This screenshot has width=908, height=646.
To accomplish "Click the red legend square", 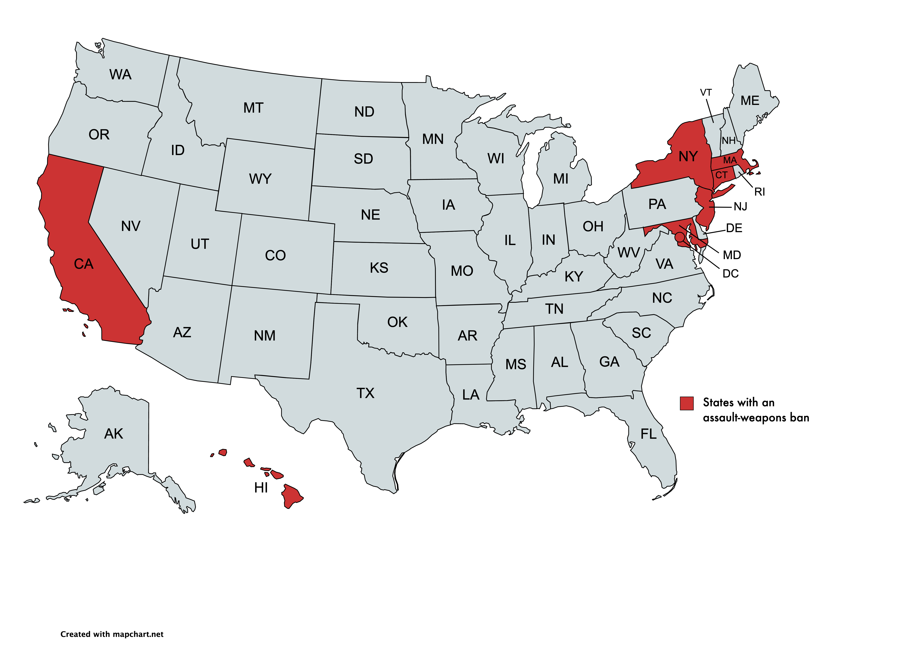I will coord(686,403).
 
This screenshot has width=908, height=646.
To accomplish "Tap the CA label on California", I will coord(83,264).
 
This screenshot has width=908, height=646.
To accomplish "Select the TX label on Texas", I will coord(365,393).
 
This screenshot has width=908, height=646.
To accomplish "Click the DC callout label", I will coord(731,274).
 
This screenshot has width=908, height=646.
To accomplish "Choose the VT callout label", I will coord(706,93).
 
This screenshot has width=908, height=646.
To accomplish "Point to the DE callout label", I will coord(734,228).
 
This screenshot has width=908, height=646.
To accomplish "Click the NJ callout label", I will coord(740,206).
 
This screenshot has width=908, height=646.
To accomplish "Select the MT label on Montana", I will coord(253,108).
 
